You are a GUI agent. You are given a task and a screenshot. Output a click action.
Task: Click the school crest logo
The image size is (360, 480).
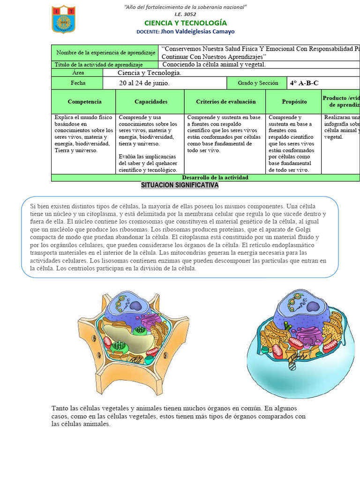(63, 19)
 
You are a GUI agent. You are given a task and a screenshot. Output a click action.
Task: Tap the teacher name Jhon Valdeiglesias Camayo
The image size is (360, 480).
(198, 31)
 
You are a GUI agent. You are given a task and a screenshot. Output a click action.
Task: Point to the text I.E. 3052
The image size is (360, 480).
(185, 14)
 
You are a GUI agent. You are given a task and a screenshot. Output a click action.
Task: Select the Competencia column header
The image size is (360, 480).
(84, 101)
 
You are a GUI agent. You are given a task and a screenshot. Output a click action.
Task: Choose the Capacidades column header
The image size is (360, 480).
(150, 101)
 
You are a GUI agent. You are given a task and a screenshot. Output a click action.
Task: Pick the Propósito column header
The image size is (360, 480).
(294, 101)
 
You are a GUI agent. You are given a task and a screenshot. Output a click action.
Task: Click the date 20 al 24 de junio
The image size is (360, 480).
(144, 83)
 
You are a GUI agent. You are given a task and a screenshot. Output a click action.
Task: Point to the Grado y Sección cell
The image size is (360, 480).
(258, 83)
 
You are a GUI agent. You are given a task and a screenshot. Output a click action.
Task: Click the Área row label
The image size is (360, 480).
(78, 73)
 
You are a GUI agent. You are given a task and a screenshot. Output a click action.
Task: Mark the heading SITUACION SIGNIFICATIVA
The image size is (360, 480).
(180, 185)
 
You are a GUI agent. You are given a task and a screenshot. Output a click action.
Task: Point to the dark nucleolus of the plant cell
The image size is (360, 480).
(136, 306)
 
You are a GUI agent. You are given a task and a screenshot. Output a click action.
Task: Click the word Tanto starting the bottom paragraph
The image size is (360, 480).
(60, 408)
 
